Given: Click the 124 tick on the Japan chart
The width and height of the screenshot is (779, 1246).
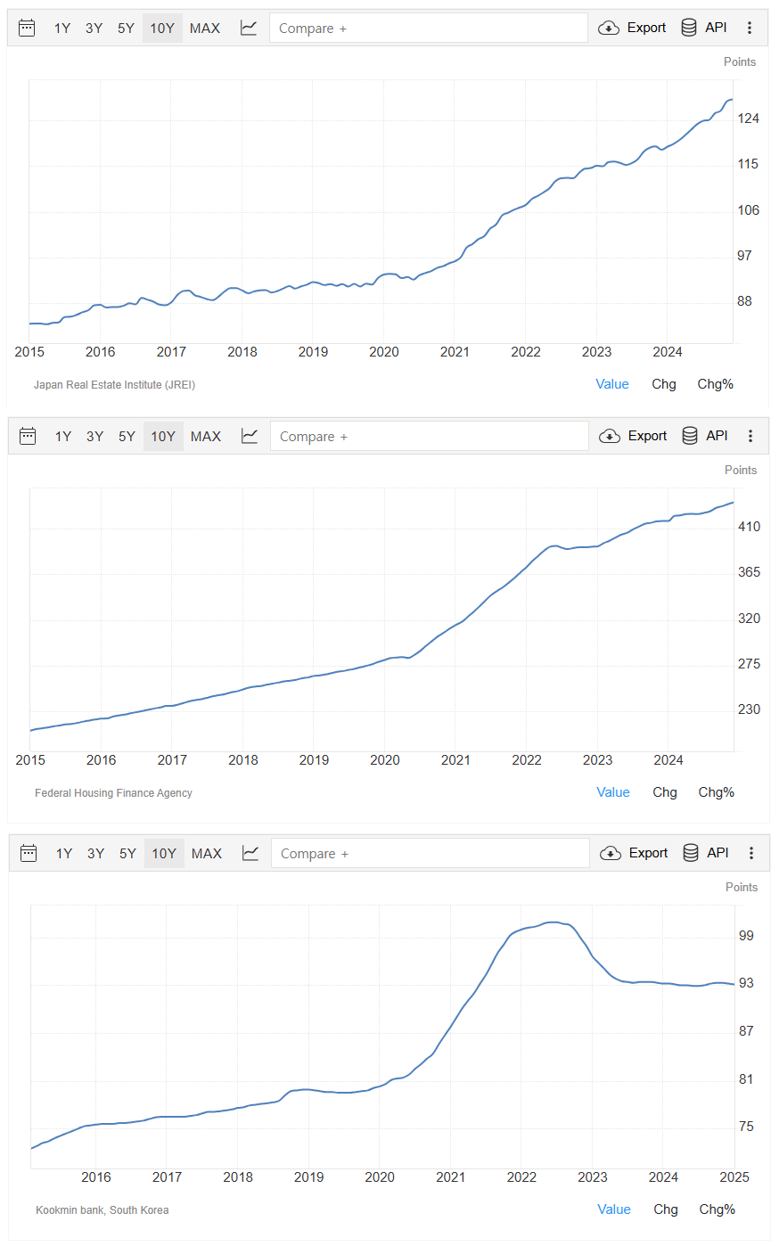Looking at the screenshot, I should tap(748, 119).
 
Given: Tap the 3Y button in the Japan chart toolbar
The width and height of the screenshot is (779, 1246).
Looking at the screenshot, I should tap(94, 29).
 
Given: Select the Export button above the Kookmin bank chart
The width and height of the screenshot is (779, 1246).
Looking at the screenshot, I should tap(635, 853).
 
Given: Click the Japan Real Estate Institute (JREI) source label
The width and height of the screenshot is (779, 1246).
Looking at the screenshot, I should tap(114, 385).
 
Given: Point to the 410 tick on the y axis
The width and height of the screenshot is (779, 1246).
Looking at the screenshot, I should tap(749, 527).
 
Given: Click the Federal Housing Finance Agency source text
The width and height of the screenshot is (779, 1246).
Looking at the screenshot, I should tap(113, 793).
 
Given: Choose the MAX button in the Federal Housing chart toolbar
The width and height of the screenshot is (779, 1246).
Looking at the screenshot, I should tap(206, 437).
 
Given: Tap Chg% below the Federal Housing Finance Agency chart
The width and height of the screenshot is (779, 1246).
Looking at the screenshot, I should tap(716, 792).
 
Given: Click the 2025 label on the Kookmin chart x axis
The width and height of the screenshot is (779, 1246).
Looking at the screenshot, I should tap(734, 1177).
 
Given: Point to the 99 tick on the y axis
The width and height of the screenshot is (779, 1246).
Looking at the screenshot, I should tap(746, 936).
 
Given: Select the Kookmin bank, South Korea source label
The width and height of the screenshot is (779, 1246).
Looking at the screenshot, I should tap(102, 1210).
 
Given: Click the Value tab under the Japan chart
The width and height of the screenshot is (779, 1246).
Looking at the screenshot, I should tap(612, 384).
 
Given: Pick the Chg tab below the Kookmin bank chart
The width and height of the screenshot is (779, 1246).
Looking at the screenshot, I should tap(666, 1209).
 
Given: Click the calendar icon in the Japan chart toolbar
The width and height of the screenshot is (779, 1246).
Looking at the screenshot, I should tap(27, 29).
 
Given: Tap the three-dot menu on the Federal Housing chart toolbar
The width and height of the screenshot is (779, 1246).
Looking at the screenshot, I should tap(750, 436).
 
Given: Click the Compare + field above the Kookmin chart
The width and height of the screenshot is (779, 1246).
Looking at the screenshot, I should tap(430, 854).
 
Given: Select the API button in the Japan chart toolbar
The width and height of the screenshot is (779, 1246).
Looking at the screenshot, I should tap(704, 28).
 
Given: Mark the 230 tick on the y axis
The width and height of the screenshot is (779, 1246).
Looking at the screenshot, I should tap(749, 709).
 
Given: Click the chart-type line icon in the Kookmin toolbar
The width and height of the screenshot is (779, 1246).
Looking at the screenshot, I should tap(250, 854).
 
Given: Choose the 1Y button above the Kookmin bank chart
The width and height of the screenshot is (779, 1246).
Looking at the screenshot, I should tap(64, 854).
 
